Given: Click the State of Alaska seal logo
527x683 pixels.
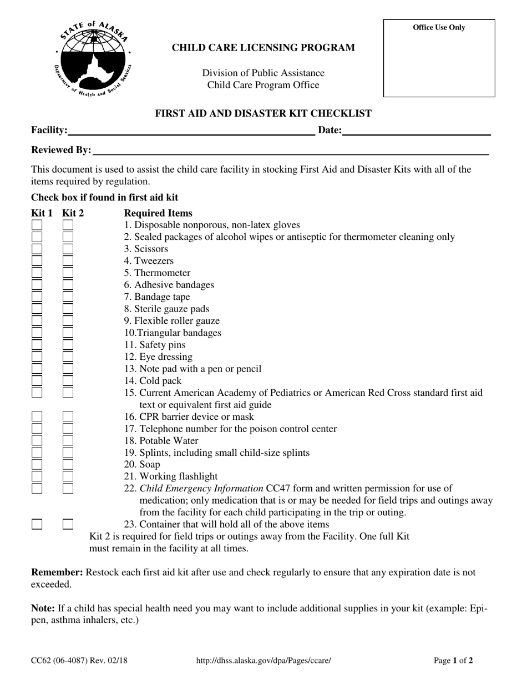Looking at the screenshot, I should coord(92,58).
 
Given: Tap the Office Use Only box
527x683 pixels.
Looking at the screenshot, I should coord(439,58).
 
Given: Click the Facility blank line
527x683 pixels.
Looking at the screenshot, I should coord(191,131).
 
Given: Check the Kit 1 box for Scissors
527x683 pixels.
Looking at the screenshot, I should coord(37,249).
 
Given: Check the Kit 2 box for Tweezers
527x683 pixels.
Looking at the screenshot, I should coord(68,261).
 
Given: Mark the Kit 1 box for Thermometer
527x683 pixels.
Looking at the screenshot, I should coord(37,273).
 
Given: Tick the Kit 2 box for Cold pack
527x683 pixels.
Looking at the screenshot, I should coord(68,381).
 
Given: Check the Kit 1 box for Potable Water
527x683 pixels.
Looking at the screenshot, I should coord(37,441).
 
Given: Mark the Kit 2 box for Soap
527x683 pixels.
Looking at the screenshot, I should coord(68,465).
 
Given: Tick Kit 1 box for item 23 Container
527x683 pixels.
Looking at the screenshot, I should coord(37,524).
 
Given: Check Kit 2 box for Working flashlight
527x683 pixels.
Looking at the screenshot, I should coord(68,476).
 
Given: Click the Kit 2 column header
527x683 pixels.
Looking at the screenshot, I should coord(73,213).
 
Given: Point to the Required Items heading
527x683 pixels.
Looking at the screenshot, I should coord(158,213).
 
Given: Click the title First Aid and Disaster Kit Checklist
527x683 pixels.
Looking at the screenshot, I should coord(263,114).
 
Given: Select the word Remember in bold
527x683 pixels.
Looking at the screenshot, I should coord(57,572).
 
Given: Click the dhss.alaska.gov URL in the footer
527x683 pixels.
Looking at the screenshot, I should coord(264,661).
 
